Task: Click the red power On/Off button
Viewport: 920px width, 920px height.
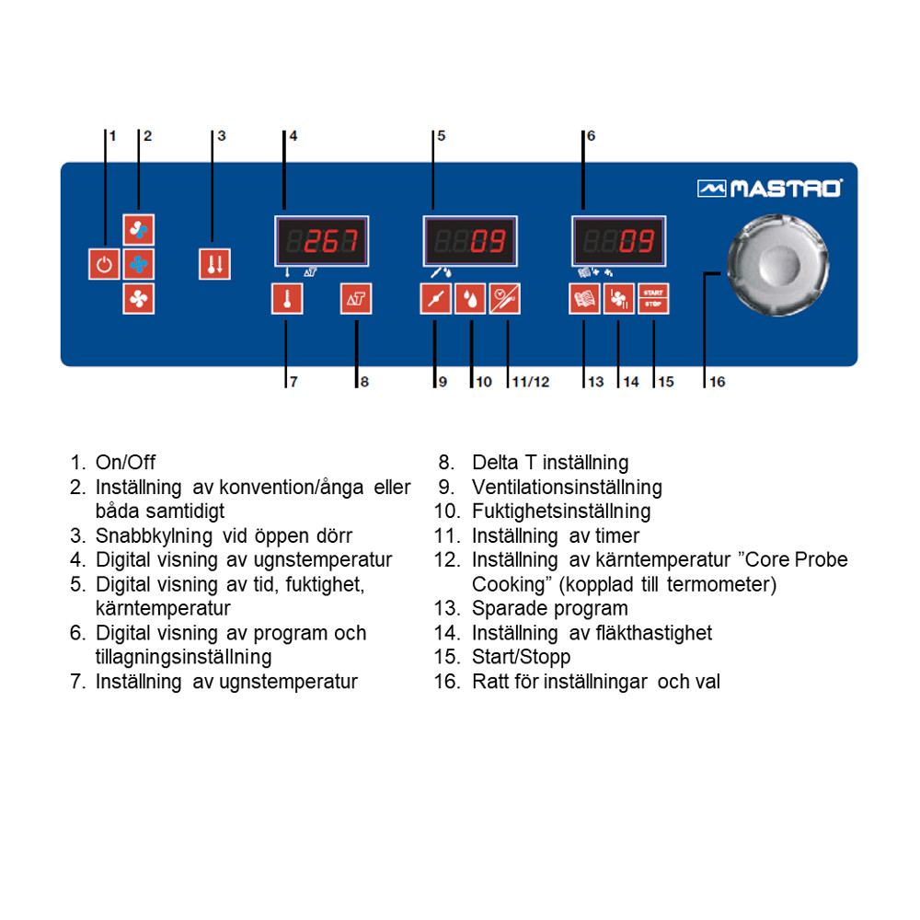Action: [104, 264]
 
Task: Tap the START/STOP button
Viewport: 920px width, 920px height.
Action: [653, 299]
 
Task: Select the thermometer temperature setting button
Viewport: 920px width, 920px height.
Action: [287, 299]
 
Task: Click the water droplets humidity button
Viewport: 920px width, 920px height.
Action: [470, 299]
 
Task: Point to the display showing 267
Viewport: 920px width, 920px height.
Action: [321, 241]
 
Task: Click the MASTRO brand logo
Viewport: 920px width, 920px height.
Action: [770, 189]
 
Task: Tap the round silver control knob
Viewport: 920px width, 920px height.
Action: [777, 265]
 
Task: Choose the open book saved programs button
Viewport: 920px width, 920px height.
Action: [584, 299]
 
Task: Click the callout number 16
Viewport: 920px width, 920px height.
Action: [717, 382]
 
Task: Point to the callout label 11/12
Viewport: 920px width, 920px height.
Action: [531, 382]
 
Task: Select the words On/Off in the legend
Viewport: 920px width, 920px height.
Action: [125, 463]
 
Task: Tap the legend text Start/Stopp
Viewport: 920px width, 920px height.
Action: [521, 657]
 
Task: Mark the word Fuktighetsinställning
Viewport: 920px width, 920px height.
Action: [561, 511]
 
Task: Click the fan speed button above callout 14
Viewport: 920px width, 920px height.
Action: [618, 299]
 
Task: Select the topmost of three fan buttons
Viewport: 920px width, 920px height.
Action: [139, 229]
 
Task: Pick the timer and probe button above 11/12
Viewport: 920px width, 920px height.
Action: [504, 299]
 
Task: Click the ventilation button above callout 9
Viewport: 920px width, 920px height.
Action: [436, 299]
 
